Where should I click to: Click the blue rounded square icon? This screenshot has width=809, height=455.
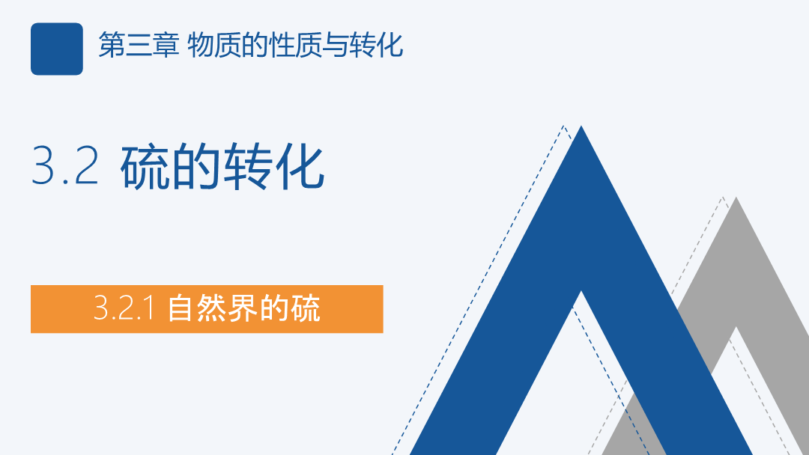click(x=57, y=49)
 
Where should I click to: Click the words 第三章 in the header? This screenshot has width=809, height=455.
click(x=139, y=45)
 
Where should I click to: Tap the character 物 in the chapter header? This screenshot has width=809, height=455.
click(x=201, y=45)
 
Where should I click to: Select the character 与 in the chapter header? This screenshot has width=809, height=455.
click(x=336, y=45)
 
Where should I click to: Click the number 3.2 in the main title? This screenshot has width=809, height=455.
click(x=65, y=165)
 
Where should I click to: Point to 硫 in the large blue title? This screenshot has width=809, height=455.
click(x=145, y=167)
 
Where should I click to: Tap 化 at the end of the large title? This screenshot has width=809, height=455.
click(x=299, y=167)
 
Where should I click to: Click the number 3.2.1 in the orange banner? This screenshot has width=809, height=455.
click(x=124, y=308)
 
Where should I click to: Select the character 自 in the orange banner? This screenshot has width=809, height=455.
click(x=180, y=308)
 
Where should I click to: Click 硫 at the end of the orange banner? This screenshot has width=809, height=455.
click(x=306, y=308)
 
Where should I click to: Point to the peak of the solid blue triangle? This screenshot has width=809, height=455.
click(x=581, y=126)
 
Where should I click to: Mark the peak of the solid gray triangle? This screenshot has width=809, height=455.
click(x=736, y=198)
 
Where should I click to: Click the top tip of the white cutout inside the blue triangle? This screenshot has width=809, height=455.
click(x=581, y=291)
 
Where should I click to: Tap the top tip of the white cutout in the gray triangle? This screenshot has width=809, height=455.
click(x=736, y=327)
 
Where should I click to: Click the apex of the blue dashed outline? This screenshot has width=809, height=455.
click(x=564, y=125)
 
